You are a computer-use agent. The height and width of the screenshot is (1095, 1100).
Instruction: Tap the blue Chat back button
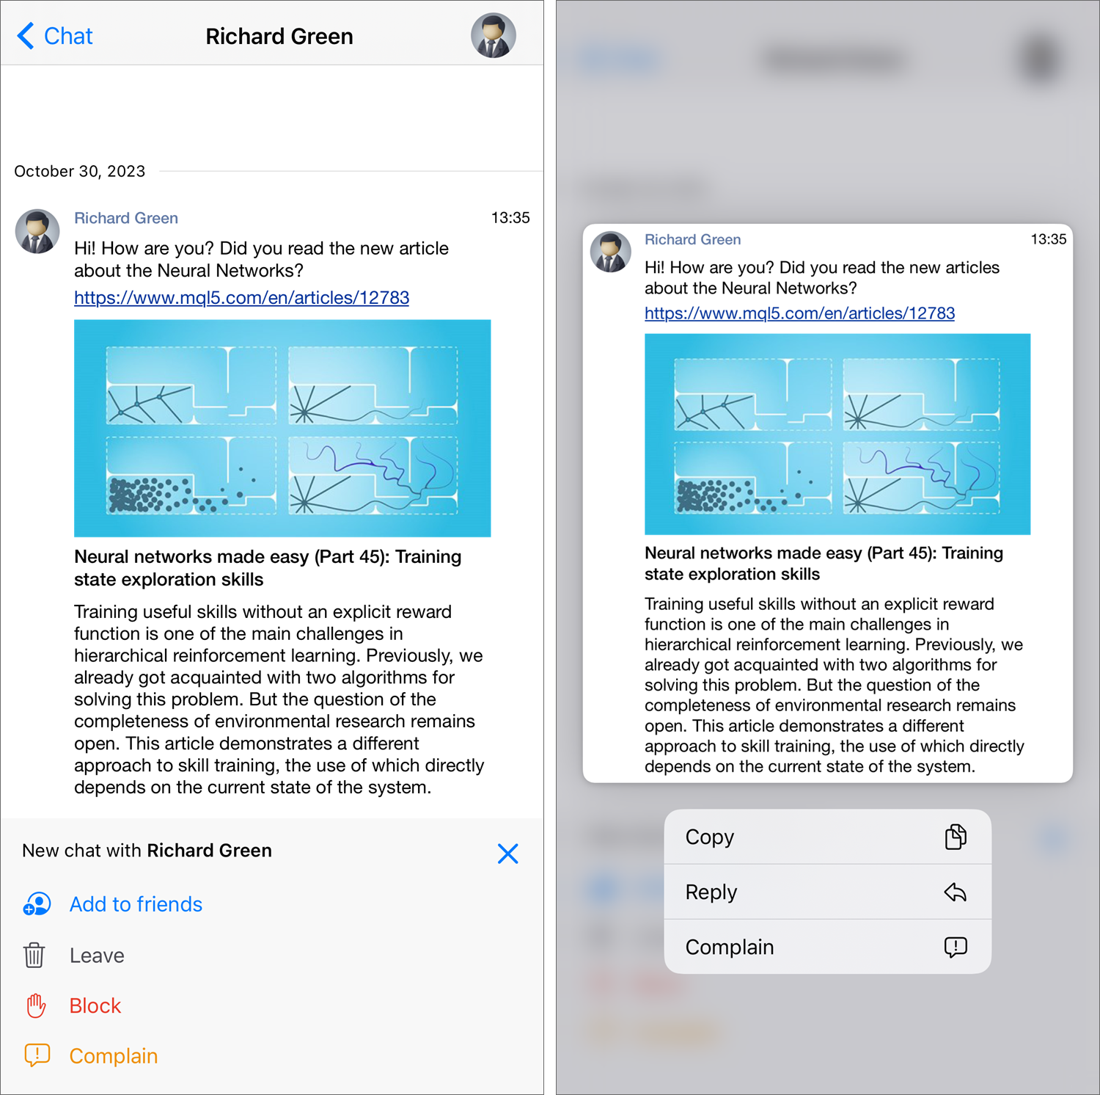55,36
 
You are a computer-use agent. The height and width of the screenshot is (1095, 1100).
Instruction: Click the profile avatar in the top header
494,35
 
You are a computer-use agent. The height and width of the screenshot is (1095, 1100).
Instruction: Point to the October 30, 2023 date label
80,172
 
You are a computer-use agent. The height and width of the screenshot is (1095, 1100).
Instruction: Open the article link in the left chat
241,298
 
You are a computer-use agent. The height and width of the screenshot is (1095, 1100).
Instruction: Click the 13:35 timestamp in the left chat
510,218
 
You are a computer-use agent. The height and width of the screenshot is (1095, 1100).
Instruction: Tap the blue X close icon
507,854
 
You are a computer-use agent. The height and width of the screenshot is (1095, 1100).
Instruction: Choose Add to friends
136,904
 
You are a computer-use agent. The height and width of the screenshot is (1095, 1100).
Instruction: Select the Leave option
97,956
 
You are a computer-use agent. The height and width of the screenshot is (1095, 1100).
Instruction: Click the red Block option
95,1005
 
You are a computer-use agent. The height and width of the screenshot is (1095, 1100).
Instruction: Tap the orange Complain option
114,1056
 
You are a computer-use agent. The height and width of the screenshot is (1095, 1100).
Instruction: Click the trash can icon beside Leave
34,956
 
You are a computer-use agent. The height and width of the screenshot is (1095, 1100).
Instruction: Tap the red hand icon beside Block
36,1005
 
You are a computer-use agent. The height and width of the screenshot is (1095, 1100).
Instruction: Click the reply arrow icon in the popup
956,892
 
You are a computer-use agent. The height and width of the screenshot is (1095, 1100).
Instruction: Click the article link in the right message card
799,313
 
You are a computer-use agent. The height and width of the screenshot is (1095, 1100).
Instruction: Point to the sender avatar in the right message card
611,252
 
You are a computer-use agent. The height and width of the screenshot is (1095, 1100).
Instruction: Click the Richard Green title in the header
279,36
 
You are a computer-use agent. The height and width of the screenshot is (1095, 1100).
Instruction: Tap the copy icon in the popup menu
956,837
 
